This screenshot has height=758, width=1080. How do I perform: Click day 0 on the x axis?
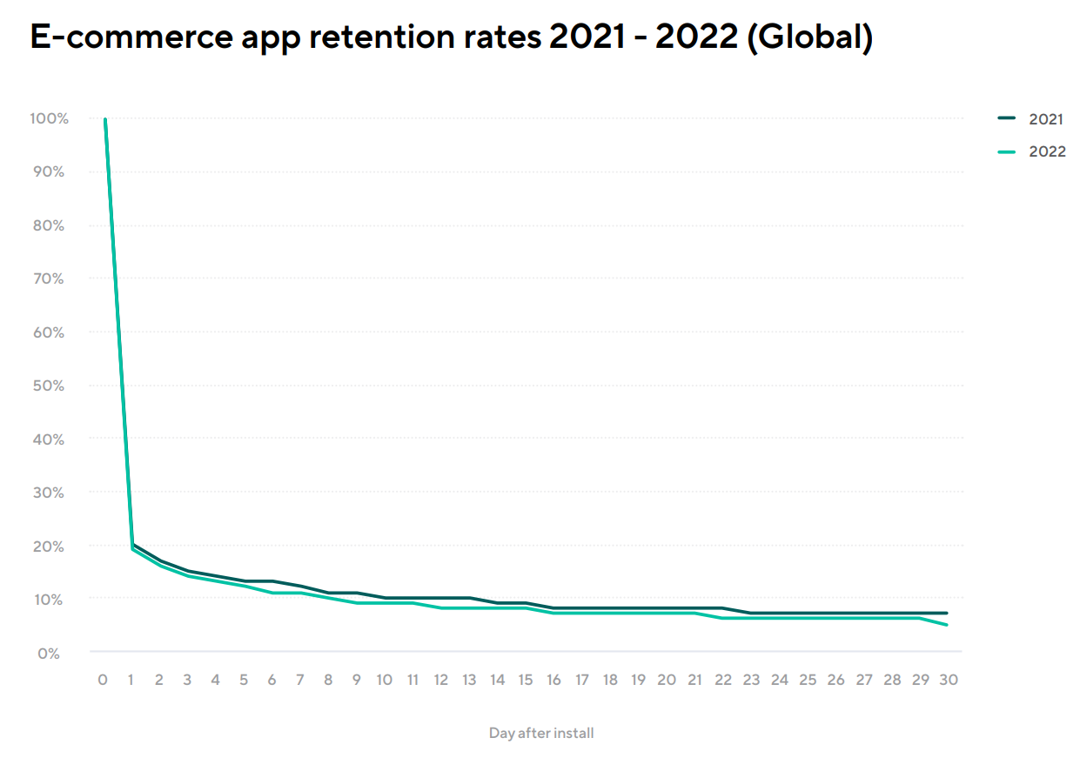click(x=103, y=680)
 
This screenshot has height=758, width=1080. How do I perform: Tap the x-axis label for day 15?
click(x=525, y=680)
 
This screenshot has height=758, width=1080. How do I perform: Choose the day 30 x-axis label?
click(x=948, y=680)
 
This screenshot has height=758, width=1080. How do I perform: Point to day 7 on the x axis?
click(x=300, y=680)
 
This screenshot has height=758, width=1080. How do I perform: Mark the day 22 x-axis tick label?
click(x=722, y=680)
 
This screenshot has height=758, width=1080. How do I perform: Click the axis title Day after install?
click(x=541, y=733)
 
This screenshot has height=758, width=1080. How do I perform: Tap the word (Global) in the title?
click(x=809, y=39)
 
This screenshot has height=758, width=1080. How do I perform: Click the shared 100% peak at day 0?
click(x=105, y=119)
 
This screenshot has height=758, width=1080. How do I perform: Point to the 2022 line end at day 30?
click(x=947, y=625)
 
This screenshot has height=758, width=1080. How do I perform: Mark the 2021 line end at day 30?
click(x=947, y=614)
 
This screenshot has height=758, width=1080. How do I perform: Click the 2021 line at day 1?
click(x=133, y=545)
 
